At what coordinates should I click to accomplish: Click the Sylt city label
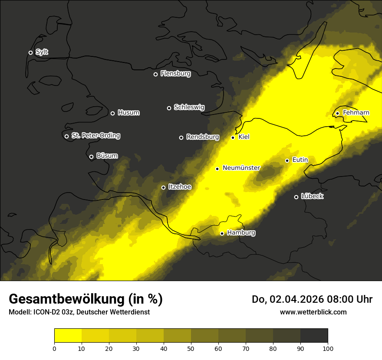coord(42,52)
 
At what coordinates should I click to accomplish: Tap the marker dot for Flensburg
coord(155,74)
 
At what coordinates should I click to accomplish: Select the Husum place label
coord(128,113)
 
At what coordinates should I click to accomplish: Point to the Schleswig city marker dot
coord(169,108)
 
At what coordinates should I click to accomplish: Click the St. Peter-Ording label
coord(95,136)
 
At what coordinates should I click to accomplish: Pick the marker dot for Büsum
coord(91,157)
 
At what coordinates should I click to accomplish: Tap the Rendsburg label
coord(202,137)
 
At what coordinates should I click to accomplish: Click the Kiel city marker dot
coord(233,137)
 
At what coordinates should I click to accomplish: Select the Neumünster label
coord(241,168)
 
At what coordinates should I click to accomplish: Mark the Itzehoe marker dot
coord(163,188)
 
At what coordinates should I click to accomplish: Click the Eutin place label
coord(300,160)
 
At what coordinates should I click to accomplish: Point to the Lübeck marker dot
coord(296,197)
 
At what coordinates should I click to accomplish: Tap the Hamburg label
coord(241,233)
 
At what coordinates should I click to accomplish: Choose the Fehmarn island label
coord(356,113)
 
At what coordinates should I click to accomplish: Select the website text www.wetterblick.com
coord(313,312)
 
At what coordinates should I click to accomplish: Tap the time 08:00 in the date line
coord(343,299)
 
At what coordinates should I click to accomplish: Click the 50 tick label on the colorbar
coord(191,348)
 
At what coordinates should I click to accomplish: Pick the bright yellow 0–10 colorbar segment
coord(68,336)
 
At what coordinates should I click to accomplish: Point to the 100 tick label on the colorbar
coord(328,348)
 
